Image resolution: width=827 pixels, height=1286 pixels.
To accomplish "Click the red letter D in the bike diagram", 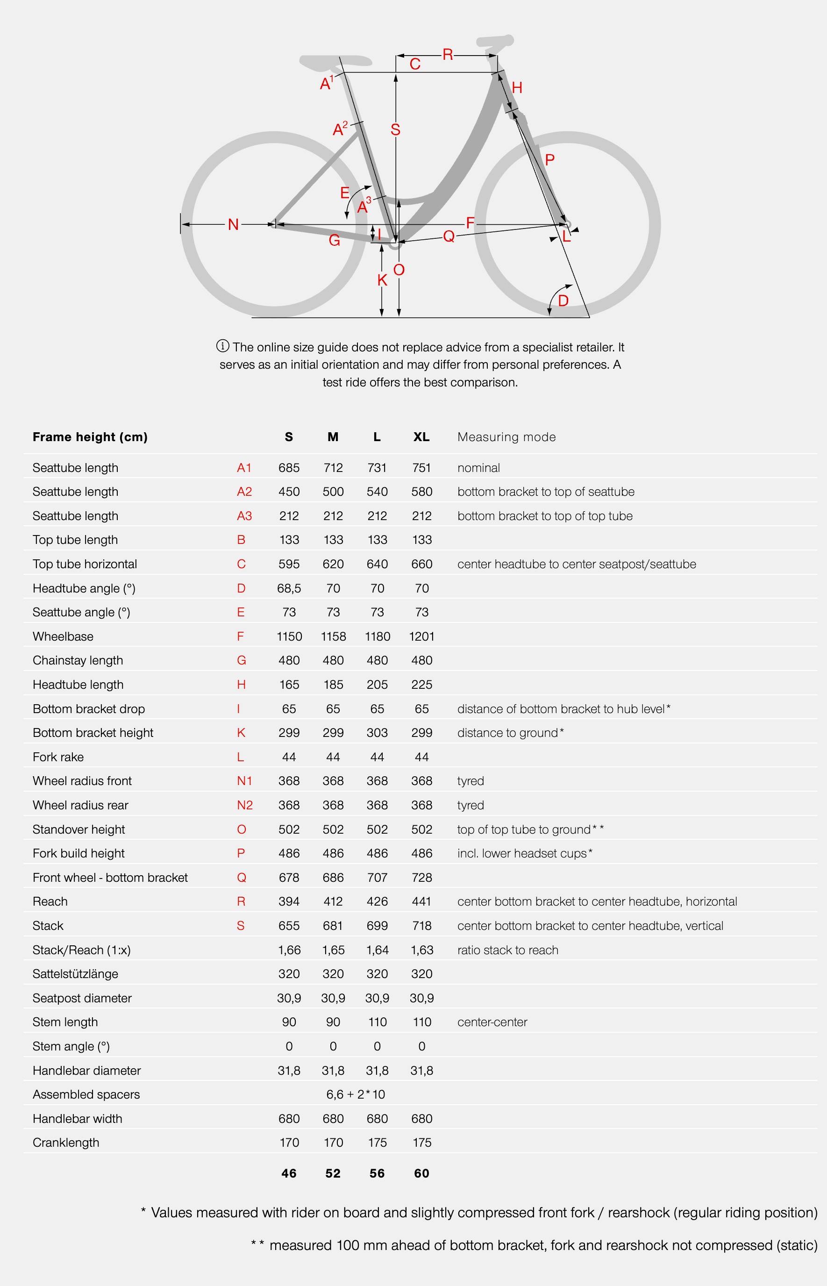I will (563, 300).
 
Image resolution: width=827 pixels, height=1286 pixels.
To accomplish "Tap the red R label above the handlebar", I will (447, 54).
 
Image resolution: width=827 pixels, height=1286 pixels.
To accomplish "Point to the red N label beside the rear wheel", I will (233, 224).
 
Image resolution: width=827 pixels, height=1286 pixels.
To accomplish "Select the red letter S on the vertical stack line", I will (395, 129).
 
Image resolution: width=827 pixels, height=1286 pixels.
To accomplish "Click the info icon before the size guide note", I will (222, 346).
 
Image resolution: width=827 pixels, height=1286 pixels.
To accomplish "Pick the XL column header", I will (421, 437).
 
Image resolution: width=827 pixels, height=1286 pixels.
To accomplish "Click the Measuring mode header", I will (506, 437).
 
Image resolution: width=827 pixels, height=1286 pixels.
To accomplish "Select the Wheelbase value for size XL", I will (421, 636).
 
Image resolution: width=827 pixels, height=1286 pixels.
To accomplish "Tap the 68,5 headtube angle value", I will (289, 588).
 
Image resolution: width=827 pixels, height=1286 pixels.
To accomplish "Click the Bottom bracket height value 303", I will (377, 733).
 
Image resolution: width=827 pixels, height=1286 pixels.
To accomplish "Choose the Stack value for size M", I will (333, 926).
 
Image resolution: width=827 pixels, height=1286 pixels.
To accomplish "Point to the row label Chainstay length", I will (78, 660).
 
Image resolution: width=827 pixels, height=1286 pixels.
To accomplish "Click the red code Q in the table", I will (241, 878).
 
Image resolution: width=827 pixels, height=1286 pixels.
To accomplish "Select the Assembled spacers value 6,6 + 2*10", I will (356, 1094).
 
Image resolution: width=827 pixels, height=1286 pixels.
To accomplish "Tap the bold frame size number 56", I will (377, 1173).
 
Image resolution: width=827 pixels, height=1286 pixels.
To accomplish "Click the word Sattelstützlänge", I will (75, 974).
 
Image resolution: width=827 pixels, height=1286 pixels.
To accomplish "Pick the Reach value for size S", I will (289, 901).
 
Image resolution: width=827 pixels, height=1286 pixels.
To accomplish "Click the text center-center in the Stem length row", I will (492, 1022).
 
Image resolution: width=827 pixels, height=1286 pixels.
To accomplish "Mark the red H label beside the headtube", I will (517, 87).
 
